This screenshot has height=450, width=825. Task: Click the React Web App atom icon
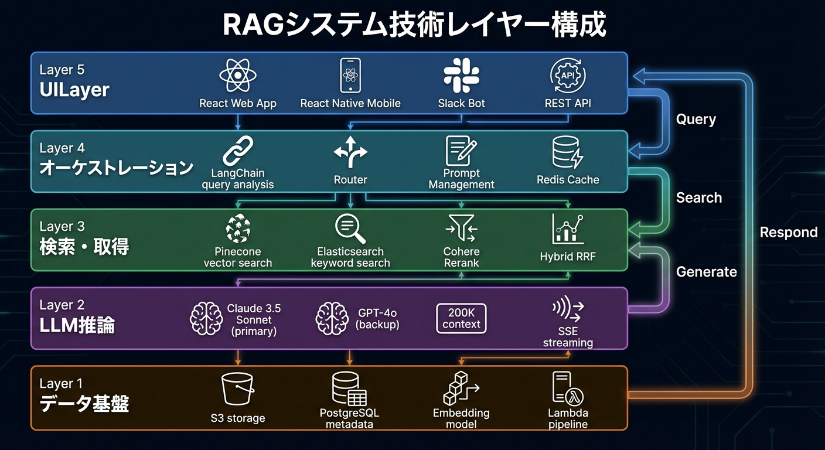click(237, 76)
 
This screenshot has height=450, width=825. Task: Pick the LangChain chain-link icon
click(237, 151)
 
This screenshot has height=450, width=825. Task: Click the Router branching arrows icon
click(350, 152)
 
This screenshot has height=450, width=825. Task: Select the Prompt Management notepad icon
click(461, 151)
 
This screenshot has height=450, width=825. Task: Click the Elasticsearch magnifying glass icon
click(350, 229)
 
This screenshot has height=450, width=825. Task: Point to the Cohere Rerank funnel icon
click(461, 229)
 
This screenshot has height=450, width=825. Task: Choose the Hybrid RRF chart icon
click(567, 230)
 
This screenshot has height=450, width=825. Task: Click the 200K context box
click(461, 319)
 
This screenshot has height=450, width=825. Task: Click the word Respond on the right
click(788, 232)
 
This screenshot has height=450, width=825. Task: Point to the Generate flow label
click(706, 272)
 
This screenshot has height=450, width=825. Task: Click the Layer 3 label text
click(62, 227)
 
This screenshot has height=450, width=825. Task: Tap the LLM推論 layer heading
click(77, 326)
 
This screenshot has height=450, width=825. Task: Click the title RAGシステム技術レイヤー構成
click(414, 25)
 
